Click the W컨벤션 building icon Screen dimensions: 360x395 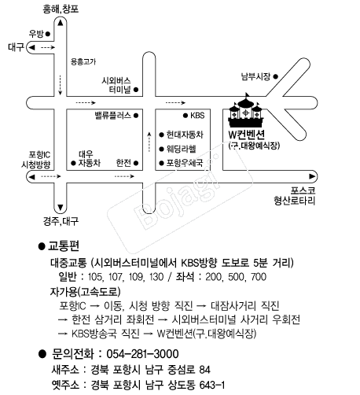[245, 111]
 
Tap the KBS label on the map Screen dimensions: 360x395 [197, 116]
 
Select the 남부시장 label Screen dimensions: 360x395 [255, 76]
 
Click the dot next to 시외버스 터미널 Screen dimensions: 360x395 [136, 90]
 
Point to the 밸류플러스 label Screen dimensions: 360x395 [113, 116]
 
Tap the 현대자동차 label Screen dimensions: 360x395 [185, 135]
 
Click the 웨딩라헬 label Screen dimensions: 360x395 [182, 149]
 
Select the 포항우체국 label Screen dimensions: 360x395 [185, 163]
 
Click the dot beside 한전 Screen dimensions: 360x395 [136, 163]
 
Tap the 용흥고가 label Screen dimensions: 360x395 [83, 61]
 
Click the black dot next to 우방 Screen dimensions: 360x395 [48, 34]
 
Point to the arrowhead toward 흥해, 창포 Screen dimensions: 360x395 [61, 23]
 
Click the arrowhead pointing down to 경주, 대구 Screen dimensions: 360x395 [61, 208]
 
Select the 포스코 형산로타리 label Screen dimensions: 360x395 [295, 196]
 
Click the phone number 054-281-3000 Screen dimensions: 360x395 [142, 354]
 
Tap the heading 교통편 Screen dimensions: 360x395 [64, 245]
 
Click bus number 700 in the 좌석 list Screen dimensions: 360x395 [259, 277]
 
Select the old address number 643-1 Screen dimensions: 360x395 [212, 385]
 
